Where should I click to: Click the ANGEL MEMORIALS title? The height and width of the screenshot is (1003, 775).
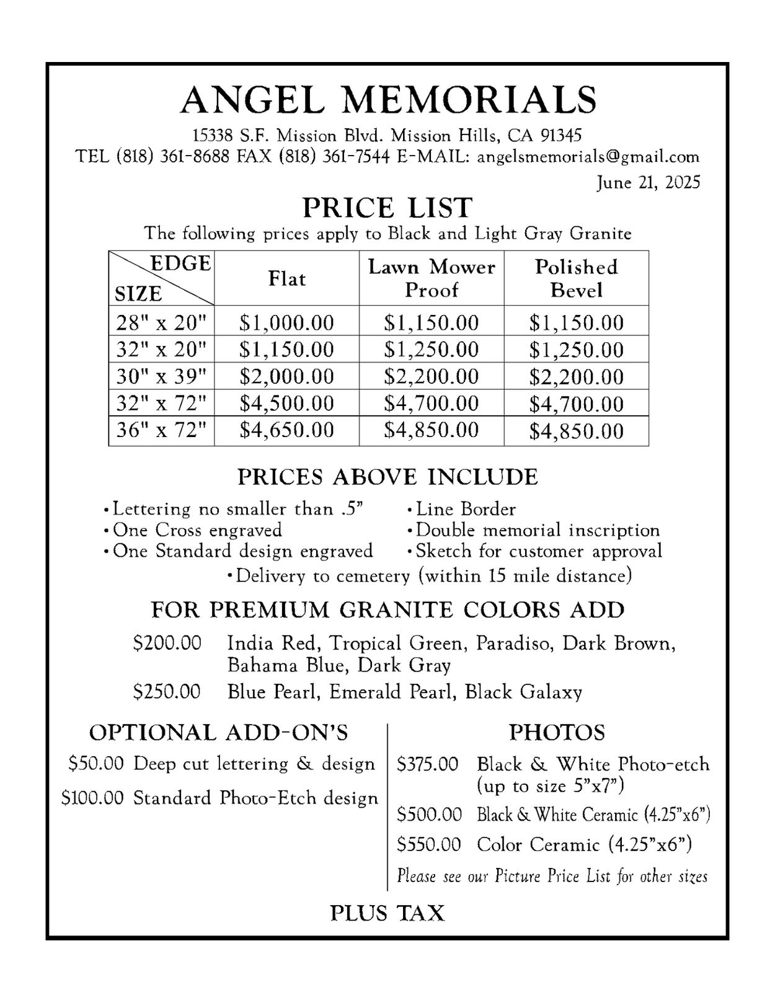point(388,99)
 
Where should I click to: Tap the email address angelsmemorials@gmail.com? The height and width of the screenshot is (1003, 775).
point(588,156)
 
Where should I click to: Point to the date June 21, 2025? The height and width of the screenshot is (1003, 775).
point(649,182)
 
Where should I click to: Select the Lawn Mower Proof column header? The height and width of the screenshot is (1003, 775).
point(432,278)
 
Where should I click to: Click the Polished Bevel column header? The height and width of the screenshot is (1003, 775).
point(576,278)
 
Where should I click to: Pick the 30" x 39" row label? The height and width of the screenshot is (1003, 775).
point(161,376)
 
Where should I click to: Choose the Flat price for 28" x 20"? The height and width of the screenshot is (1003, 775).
point(286,322)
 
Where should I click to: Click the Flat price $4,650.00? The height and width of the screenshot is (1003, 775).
point(286,430)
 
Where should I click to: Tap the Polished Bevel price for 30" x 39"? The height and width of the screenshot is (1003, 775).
point(576,377)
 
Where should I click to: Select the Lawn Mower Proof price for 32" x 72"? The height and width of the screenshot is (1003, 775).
point(432,404)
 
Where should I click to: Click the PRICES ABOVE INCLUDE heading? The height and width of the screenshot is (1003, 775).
point(387,477)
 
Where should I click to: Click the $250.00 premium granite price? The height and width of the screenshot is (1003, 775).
point(167,691)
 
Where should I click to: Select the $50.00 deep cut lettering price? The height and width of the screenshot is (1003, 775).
point(96,763)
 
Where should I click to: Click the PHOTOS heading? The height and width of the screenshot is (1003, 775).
point(557,733)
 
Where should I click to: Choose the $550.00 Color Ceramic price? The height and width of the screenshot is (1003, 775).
point(429,844)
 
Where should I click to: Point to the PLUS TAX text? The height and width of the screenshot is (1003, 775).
point(387,913)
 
